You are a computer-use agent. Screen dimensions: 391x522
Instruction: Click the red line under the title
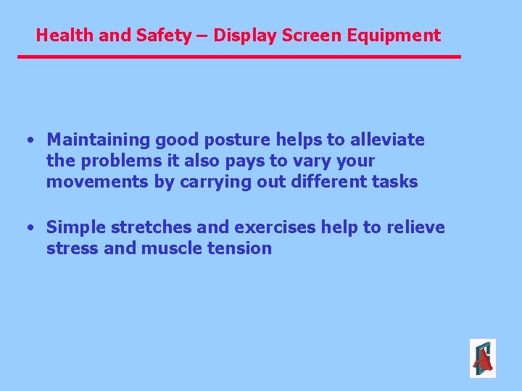coord(239,56)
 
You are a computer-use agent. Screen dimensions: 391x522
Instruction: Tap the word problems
coord(123,160)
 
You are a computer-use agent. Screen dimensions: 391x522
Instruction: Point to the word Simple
coord(76,227)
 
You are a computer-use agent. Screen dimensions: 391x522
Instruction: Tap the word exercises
coord(276,227)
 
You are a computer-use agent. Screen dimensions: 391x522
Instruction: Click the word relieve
coord(415,227)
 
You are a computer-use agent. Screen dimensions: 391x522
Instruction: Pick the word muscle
coord(171,248)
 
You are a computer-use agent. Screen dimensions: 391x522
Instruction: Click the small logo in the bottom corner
coord(482,358)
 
